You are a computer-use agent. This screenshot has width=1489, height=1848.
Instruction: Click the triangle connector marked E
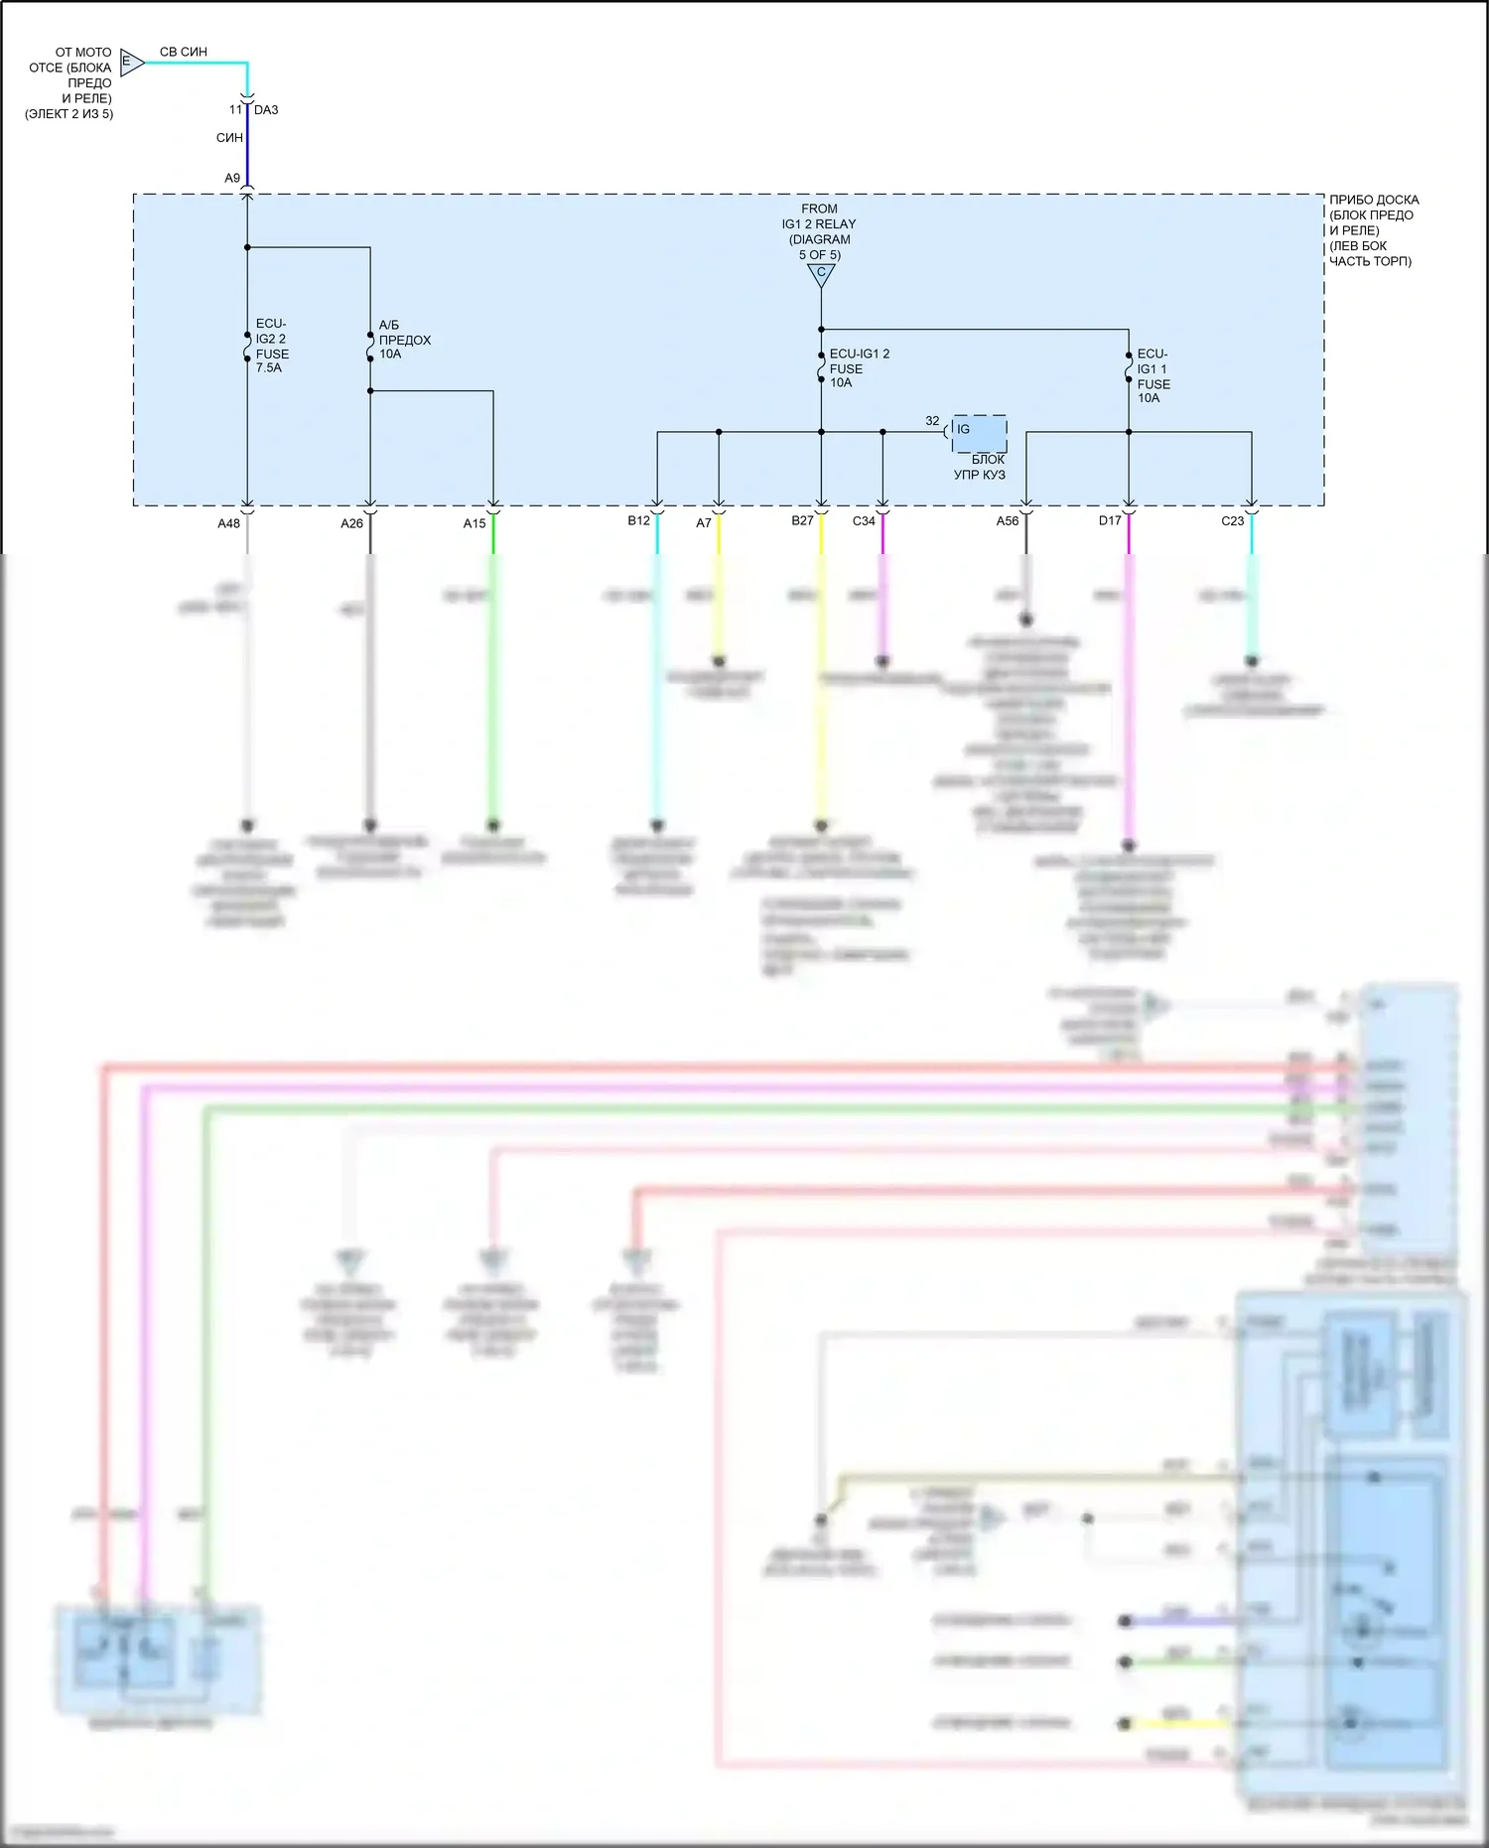click(x=131, y=63)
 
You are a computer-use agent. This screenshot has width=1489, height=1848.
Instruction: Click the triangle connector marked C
click(x=821, y=274)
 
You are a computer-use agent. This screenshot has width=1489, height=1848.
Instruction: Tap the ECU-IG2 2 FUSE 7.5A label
click(x=272, y=346)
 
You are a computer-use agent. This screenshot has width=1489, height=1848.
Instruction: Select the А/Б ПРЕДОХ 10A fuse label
click(x=404, y=340)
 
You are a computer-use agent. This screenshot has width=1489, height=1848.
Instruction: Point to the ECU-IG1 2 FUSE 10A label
click(x=859, y=368)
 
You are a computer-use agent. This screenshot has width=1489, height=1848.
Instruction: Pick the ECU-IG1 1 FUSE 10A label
click(x=1152, y=375)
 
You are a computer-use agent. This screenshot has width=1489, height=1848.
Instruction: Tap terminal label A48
click(x=229, y=523)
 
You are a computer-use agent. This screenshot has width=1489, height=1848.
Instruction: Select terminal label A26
click(x=352, y=523)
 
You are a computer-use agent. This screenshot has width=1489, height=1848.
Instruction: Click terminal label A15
click(x=474, y=523)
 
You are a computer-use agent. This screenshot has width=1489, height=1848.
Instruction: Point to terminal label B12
click(x=638, y=520)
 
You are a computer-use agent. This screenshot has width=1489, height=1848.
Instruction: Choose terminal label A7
click(x=704, y=522)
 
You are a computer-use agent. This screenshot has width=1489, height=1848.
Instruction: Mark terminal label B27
click(x=802, y=520)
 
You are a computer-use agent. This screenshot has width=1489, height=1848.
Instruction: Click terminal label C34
click(x=864, y=520)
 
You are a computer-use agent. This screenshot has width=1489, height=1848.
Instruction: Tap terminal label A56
click(x=1008, y=520)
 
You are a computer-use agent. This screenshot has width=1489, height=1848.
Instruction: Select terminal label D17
click(x=1110, y=520)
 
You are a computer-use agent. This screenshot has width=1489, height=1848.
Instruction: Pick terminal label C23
click(x=1232, y=520)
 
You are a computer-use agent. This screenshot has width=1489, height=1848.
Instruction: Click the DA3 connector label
click(x=266, y=110)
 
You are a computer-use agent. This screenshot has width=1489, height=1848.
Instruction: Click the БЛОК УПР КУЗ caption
click(x=980, y=467)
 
